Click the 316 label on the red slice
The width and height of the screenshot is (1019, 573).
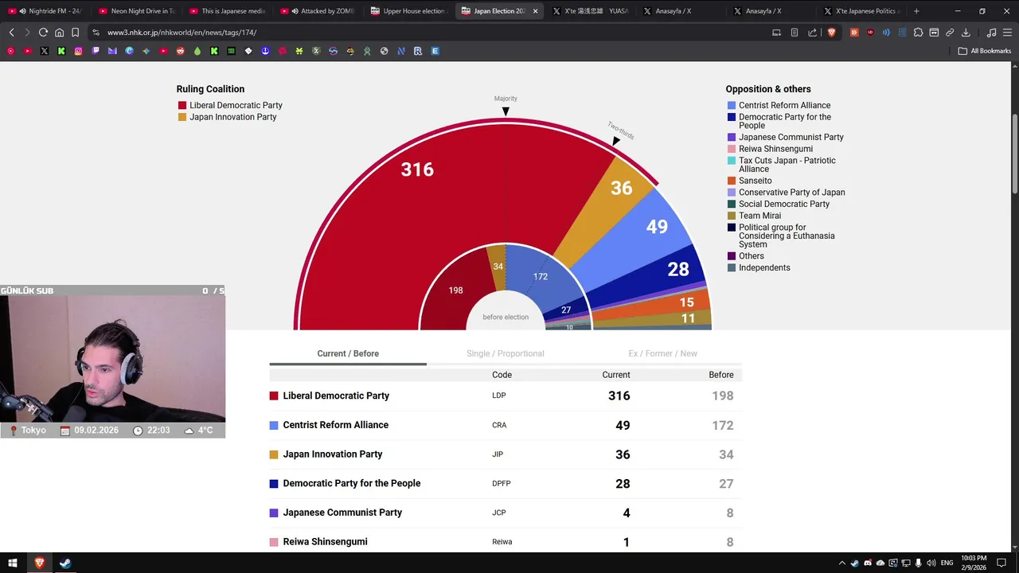pos(417,170)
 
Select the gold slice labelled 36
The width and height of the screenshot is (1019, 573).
pos(621,188)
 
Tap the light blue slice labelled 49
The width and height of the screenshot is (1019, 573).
pos(657,227)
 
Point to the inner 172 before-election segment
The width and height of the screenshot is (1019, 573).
pos(541,277)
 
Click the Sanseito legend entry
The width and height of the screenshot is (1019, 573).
pos(755,181)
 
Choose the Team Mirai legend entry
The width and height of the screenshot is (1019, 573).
pos(759,216)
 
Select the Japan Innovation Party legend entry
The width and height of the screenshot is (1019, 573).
pos(232,117)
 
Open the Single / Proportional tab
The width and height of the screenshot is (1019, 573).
pos(506,353)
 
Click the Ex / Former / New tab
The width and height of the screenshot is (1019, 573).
pos(662,353)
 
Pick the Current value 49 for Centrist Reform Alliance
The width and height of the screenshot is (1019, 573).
pos(623,425)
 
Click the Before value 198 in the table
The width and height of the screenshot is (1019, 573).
pos(722,396)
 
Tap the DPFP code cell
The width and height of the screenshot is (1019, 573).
pos(501,483)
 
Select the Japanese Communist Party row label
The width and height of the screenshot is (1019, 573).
pos(342,513)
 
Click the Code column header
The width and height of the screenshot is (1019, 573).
pos(502,375)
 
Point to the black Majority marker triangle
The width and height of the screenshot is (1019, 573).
pos(506,111)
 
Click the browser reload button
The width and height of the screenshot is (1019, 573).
pos(43,33)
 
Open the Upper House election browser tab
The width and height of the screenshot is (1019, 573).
pos(413,11)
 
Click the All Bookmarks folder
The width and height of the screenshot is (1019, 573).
pos(985,51)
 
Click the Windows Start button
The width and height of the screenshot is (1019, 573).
pos(13,563)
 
